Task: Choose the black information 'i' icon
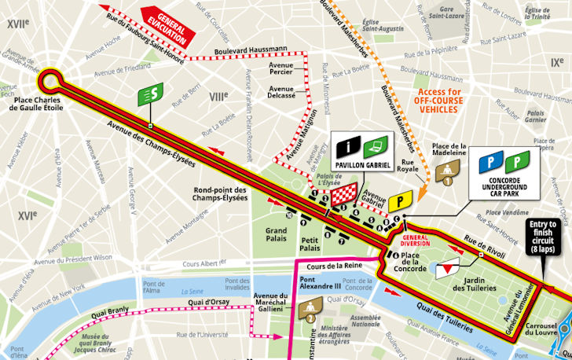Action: (349, 145)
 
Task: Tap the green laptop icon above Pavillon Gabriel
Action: (376, 145)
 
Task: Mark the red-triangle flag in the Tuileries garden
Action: (445, 268)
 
